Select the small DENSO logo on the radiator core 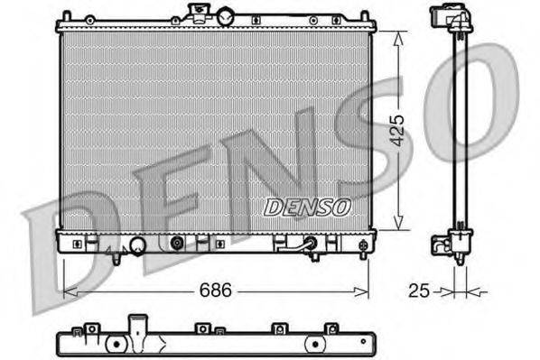[307, 208]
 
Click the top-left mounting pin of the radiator [66, 16]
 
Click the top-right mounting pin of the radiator [364, 16]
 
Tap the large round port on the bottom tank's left [137, 245]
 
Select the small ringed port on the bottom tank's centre [177, 243]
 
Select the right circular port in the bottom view [314, 344]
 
